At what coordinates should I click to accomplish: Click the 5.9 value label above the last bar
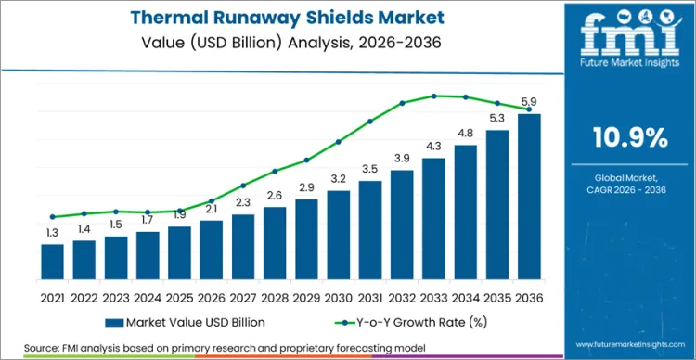[x=529, y=101]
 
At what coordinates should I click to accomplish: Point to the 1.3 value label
[x=53, y=232]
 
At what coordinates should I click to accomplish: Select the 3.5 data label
[x=370, y=169]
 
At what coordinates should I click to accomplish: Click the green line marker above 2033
[x=433, y=96]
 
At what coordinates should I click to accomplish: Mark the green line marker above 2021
[x=53, y=217]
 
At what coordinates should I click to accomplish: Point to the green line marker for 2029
[x=307, y=160]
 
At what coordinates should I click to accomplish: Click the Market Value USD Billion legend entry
[x=186, y=322]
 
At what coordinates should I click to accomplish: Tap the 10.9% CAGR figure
[x=630, y=138]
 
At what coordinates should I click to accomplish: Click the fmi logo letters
[x=630, y=36]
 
